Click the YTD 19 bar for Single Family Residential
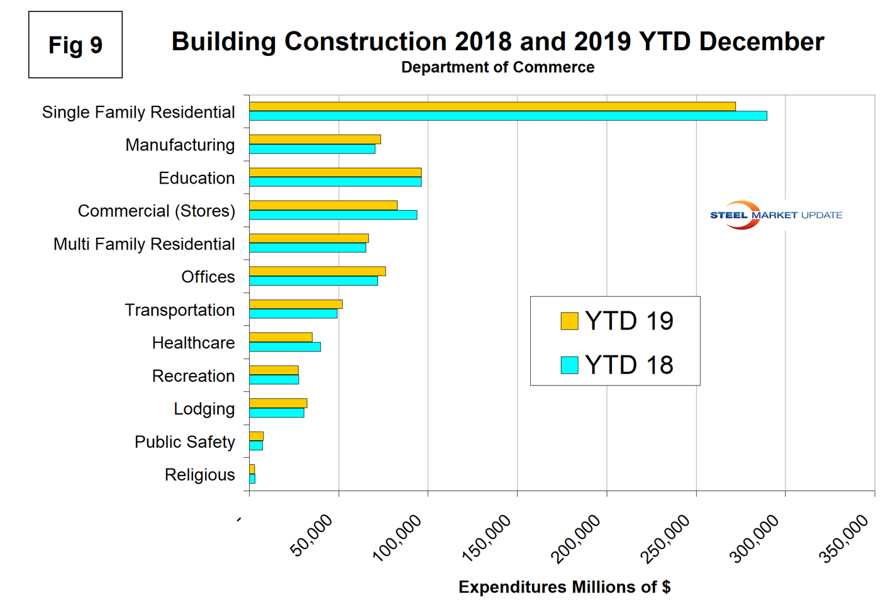[x=492, y=106]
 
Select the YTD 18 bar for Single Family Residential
[x=508, y=116]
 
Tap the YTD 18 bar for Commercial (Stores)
[x=333, y=215]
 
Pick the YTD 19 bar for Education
[x=335, y=172]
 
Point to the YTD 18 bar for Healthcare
[x=285, y=347]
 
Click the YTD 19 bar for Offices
[x=317, y=271]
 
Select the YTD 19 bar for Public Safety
[x=256, y=436]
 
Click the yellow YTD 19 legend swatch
[x=569, y=321]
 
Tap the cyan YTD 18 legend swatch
[x=569, y=365]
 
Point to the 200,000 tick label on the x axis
[x=575, y=538]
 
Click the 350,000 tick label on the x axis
[x=844, y=538]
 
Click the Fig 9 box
[x=75, y=45]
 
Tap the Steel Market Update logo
[x=775, y=215]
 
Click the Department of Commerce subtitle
[x=497, y=67]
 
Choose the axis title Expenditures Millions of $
[x=564, y=587]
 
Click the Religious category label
[x=199, y=475]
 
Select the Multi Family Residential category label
[x=144, y=244]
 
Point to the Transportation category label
[x=179, y=310]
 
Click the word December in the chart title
[x=762, y=42]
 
